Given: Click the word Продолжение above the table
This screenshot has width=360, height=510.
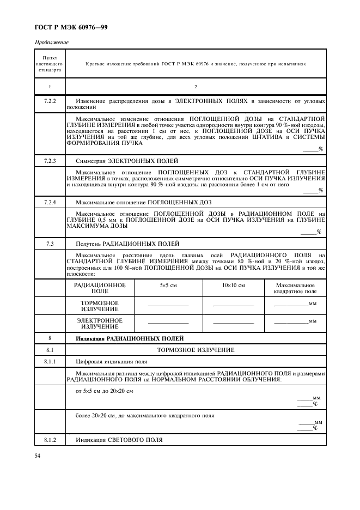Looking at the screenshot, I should click(52, 42).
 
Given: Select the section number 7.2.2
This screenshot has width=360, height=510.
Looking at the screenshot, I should click(50, 102).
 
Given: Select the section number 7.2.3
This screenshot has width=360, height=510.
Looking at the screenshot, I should click(50, 161).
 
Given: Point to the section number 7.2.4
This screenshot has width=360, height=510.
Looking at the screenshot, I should click(50, 202).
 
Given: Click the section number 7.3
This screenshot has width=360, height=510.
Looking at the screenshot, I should click(50, 243).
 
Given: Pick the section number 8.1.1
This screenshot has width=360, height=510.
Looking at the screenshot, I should click(50, 361).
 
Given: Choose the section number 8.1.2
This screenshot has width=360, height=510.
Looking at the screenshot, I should click(50, 439).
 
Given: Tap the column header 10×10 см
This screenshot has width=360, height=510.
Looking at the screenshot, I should click(234, 285).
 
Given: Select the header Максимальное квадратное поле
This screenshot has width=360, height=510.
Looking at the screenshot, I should click(295, 288).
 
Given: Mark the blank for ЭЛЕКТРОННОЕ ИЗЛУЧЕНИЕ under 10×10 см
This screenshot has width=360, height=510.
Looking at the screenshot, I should click(234, 323).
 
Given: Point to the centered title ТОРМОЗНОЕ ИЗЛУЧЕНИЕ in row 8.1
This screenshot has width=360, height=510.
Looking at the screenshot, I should click(196, 349).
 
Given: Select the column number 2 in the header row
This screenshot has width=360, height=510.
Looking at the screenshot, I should click(196, 86).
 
